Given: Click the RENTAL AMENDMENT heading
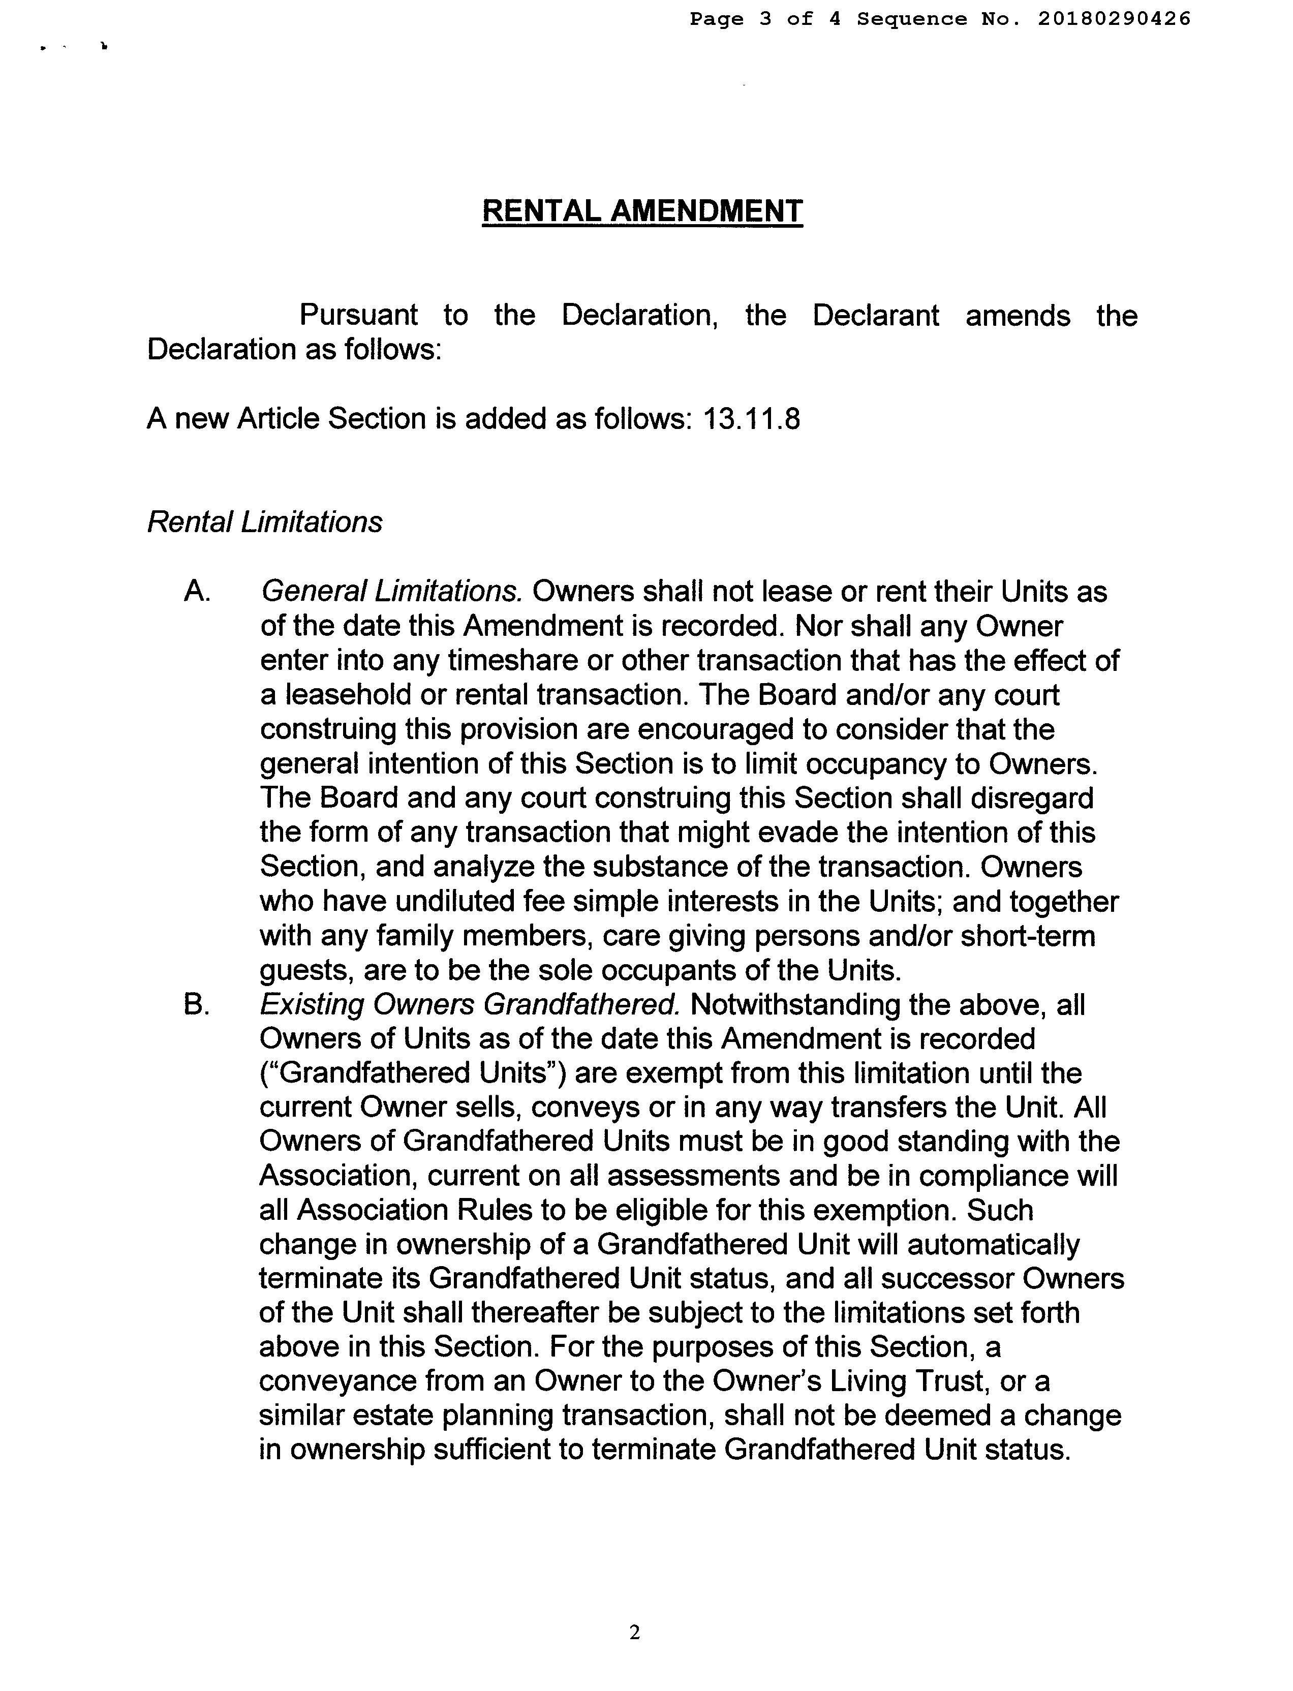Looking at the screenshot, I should click(x=642, y=211).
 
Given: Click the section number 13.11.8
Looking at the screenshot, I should click(x=751, y=419).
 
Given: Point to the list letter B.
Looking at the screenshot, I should click(x=197, y=1005).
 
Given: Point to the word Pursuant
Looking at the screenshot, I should click(x=358, y=316).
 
